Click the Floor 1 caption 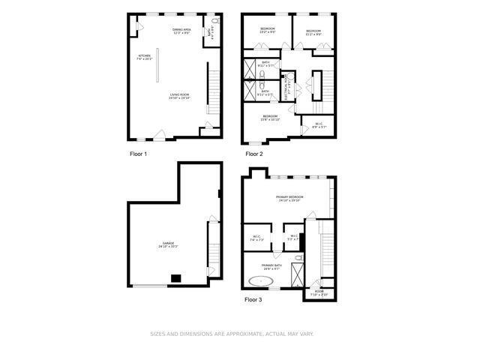tap(138, 154)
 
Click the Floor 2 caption tap(254, 154)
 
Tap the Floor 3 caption tap(254, 299)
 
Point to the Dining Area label tap(181, 31)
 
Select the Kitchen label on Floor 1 tap(144, 57)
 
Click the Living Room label tap(178, 96)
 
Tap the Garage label tap(168, 244)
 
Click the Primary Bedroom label tap(289, 199)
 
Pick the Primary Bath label tap(271, 267)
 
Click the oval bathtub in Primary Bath tap(261, 282)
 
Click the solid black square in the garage tap(176, 278)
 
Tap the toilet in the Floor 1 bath tap(216, 32)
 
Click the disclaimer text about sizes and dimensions tap(232, 334)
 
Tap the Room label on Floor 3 tap(319, 292)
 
